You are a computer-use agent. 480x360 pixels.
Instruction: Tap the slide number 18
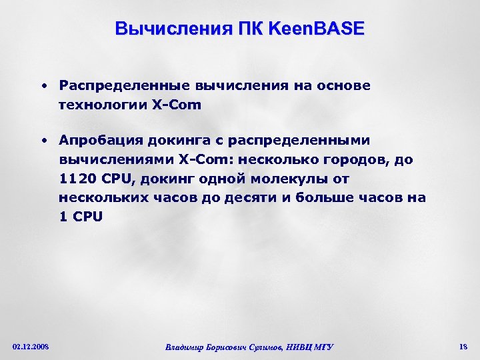point(463,346)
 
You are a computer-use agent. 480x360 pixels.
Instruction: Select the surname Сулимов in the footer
point(262,347)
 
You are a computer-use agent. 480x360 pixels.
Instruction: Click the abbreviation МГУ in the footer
point(321,347)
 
